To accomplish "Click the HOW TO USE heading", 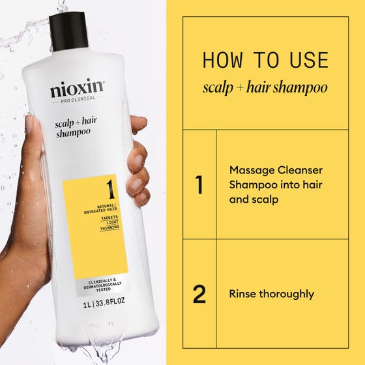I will (x=265, y=60).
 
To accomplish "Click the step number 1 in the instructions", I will (x=199, y=185).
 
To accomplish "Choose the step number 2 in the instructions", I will (x=199, y=294).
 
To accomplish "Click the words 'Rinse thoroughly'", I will (x=271, y=294).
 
